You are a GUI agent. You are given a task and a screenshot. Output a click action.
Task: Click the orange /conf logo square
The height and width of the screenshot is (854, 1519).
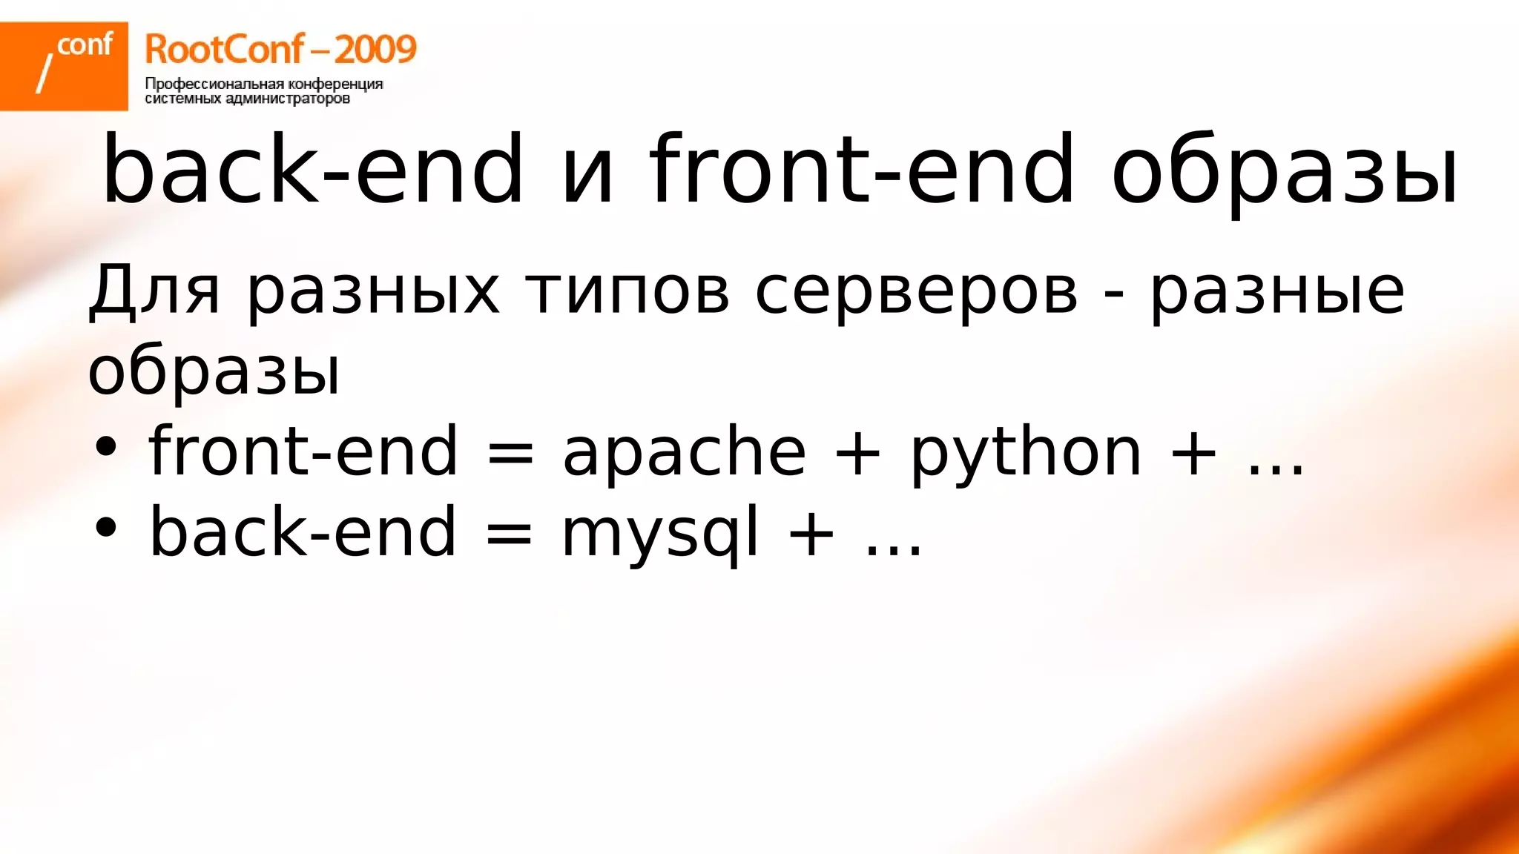pyautogui.click(x=64, y=66)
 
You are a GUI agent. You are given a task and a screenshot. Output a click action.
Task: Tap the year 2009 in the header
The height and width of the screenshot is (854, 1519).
pyautogui.click(x=375, y=50)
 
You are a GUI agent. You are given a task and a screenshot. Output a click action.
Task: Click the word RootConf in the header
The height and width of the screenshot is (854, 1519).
pyautogui.click(x=224, y=50)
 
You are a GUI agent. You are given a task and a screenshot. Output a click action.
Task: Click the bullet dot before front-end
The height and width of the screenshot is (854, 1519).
pyautogui.click(x=106, y=447)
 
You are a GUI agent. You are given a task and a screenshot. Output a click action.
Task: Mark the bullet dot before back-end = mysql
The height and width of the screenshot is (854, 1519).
pyautogui.click(x=106, y=527)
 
